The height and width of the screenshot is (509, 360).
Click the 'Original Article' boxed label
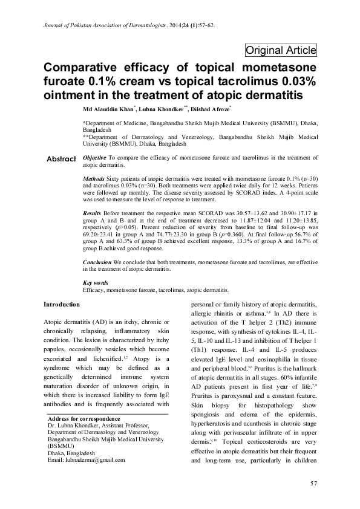(280, 51)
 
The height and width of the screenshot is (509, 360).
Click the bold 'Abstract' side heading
(61, 158)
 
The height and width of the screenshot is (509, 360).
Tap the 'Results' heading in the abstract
(92, 214)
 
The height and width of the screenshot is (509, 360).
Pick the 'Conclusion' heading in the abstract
(96, 262)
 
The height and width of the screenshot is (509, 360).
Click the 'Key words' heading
(95, 283)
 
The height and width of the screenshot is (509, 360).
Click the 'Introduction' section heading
(62, 304)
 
